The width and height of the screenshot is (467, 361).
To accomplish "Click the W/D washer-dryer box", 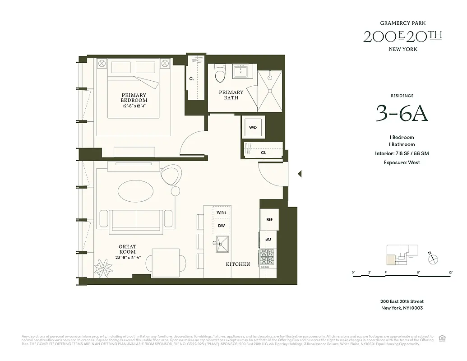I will [x=253, y=127].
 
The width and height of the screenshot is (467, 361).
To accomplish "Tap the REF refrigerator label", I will [x=269, y=219].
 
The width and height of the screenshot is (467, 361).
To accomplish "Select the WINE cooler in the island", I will [x=221, y=212].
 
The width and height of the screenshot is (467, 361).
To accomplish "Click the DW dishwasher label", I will [x=221, y=226].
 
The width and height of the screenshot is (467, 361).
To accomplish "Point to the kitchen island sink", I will [x=222, y=244].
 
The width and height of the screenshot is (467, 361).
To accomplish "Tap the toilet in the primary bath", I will [x=220, y=74].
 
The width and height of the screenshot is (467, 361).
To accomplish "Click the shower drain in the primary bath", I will [x=270, y=91].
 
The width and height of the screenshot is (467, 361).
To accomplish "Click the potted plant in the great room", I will [x=103, y=268].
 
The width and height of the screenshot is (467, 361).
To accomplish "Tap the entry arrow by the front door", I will [x=299, y=174].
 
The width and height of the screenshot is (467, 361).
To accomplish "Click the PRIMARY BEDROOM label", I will [x=134, y=97].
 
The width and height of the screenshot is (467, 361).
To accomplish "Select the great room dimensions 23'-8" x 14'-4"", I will [x=128, y=258].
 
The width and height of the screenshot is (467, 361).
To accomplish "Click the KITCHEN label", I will [x=238, y=264].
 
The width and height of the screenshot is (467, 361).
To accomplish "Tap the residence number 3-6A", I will [x=402, y=115].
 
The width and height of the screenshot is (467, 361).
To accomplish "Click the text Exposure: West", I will [x=402, y=162].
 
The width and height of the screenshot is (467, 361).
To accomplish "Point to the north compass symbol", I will [x=433, y=259].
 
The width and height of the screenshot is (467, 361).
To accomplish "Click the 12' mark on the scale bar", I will [x=450, y=273].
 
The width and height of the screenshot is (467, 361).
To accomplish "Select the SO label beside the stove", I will [x=268, y=239].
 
